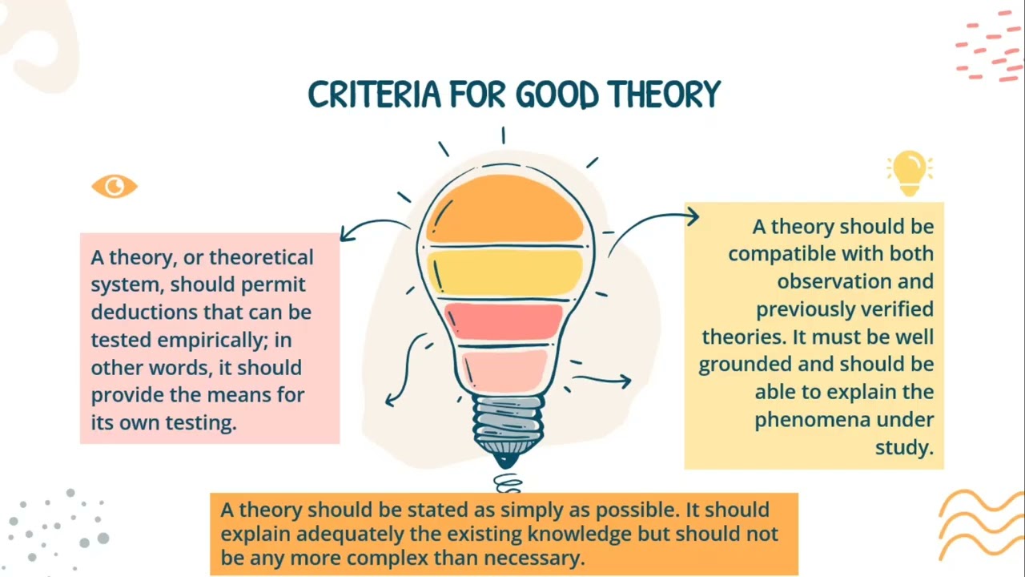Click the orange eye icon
click(115, 187)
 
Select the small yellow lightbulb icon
click(910, 172)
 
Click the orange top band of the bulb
click(504, 210)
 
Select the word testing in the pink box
click(200, 422)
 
